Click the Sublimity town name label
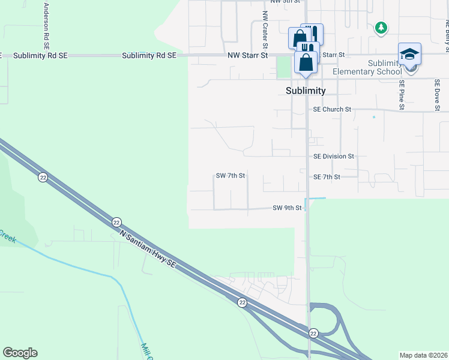(x=305, y=91)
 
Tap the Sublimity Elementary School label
(x=367, y=68)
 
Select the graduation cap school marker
(x=409, y=55)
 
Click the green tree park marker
(x=381, y=28)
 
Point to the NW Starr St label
(x=247, y=55)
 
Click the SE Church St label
(x=332, y=109)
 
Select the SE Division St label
(x=334, y=156)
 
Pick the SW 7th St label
(x=231, y=176)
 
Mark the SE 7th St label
(x=327, y=177)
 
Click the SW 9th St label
(x=286, y=208)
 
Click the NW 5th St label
(x=285, y=2)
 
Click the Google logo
(x=20, y=353)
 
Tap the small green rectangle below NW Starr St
(x=283, y=67)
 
